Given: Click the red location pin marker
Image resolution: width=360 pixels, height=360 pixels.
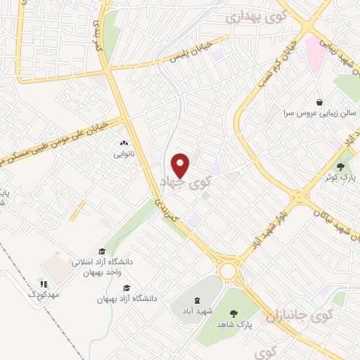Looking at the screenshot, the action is click(181, 166).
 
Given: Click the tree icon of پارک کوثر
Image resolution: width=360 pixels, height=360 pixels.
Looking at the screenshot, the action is click(341, 167).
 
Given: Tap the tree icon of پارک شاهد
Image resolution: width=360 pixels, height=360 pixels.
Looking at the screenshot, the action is click(233, 313).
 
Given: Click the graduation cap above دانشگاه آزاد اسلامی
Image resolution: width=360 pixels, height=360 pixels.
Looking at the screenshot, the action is click(102, 251).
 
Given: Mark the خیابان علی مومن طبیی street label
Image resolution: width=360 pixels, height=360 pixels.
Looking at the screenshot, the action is click(53, 143).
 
